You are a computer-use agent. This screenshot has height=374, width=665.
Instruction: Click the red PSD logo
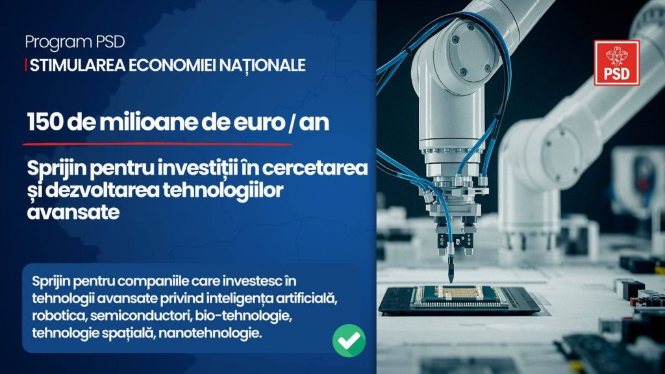(617, 63)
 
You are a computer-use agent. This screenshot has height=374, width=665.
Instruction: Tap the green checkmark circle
(349, 340)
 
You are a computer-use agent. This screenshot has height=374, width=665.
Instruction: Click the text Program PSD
(75, 42)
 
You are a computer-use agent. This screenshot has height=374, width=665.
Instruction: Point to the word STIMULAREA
(78, 65)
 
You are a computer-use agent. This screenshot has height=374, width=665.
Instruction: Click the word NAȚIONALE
(266, 65)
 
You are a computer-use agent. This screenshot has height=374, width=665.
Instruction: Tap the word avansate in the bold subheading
(73, 212)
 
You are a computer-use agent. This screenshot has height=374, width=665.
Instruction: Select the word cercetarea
(315, 168)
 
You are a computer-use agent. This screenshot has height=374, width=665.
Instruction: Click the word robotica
(59, 316)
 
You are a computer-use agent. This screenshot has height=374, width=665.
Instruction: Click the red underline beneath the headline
(157, 145)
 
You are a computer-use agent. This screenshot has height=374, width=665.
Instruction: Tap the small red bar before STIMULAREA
(26, 65)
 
